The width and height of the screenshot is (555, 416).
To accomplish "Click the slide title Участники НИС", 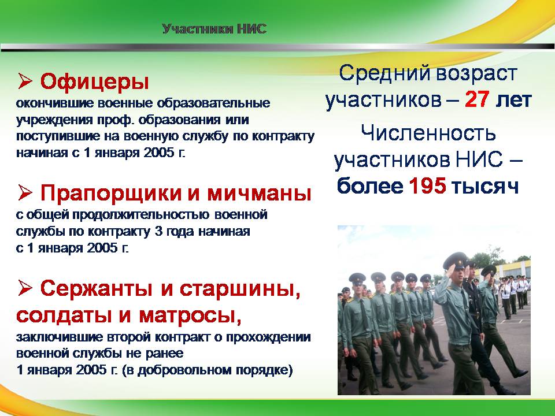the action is pyautogui.click(x=214, y=29).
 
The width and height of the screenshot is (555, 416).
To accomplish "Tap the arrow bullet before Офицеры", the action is pyautogui.click(x=25, y=81).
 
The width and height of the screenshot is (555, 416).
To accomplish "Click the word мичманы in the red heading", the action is pyautogui.click(x=260, y=193).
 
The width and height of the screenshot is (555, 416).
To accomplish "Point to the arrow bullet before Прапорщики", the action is pyautogui.click(x=25, y=193).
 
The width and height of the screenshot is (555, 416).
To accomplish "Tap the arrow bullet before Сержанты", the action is pyautogui.click(x=25, y=288).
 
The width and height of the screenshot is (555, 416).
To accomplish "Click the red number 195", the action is pyautogui.click(x=427, y=185).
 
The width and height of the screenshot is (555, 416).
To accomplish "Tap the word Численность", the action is pyautogui.click(x=428, y=133).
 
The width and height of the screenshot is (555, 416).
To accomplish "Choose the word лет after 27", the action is pyautogui.click(x=513, y=100).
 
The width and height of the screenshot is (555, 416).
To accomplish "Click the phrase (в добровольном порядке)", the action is pyautogui.click(x=208, y=370).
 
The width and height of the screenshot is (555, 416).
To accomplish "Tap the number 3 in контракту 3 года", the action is pyautogui.click(x=158, y=231).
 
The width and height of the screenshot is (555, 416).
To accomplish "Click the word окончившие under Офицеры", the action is pyautogui.click(x=55, y=103).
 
